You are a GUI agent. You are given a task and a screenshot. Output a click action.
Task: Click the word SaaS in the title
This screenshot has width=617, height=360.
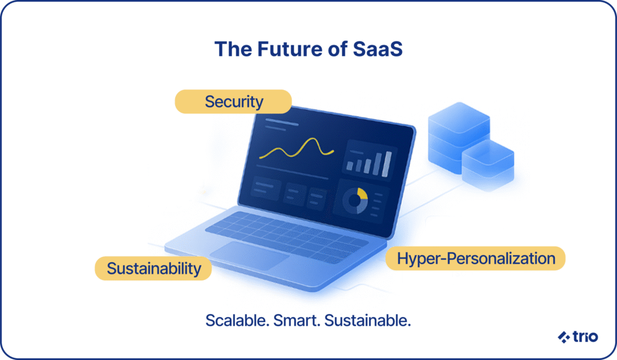(378, 49)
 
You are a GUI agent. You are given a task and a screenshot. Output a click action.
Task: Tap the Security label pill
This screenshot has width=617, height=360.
(233, 102)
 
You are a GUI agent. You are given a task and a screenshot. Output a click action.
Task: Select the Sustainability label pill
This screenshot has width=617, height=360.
(154, 268)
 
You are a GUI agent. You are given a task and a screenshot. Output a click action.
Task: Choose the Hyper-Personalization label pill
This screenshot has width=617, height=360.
(475, 258)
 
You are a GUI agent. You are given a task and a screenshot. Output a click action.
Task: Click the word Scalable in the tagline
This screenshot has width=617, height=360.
(237, 320)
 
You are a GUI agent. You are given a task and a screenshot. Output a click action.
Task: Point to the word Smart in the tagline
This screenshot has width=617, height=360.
(297, 320)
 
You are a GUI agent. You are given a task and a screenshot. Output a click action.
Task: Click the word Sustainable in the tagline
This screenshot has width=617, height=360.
(368, 320)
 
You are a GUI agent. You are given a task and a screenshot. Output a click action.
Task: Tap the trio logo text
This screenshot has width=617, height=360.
(585, 336)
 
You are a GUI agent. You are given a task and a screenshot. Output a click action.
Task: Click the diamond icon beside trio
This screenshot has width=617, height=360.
(564, 337)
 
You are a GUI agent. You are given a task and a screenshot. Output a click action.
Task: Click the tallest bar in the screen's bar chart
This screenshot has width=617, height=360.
(387, 164)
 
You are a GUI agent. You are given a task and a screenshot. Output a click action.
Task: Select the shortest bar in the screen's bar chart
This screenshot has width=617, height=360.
(349, 166)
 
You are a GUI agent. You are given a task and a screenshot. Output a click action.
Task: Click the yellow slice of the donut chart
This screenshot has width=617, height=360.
(363, 194)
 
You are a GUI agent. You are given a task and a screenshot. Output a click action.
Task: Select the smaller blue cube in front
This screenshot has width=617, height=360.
(487, 165)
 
